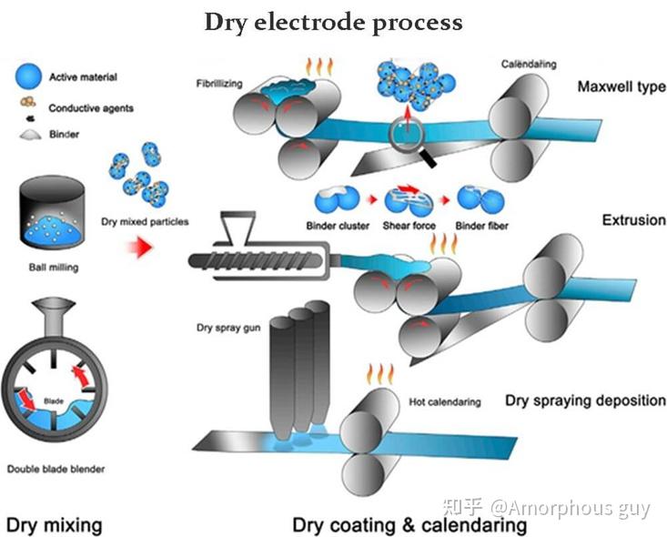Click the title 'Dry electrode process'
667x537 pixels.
(333, 22)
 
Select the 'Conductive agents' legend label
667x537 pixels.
(91, 108)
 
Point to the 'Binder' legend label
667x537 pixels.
(65, 135)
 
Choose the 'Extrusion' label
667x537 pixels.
(633, 220)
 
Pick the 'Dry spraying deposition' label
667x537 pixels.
(586, 400)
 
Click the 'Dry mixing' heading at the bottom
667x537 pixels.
(54, 524)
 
